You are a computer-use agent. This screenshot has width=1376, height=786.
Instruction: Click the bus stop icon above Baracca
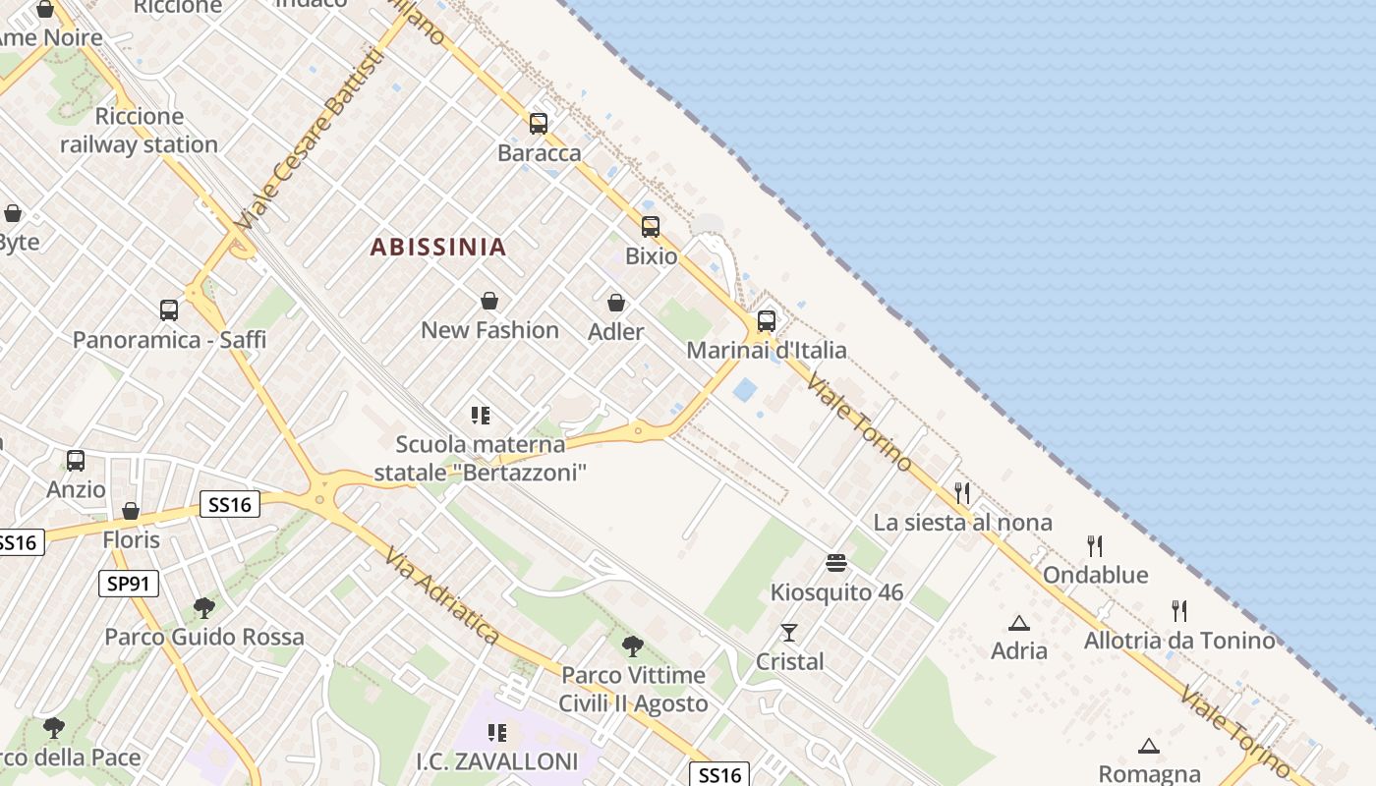pyautogui.click(x=538, y=124)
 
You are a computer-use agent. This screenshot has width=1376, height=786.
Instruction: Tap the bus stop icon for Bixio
pyautogui.click(x=650, y=227)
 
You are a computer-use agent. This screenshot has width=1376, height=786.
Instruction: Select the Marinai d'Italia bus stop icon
pyautogui.click(x=766, y=321)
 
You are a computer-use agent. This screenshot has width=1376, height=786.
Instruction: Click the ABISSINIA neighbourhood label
pyautogui.click(x=438, y=247)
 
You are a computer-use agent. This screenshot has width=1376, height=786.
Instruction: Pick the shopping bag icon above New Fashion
pyautogui.click(x=488, y=301)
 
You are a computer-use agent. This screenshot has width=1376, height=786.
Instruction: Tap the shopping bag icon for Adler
pyautogui.click(x=616, y=303)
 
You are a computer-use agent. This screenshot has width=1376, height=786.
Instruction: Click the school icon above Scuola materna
pyautogui.click(x=480, y=416)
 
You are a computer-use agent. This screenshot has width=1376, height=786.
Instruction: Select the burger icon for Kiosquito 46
pyautogui.click(x=836, y=563)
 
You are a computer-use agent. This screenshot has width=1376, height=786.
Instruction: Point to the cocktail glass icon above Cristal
pyautogui.click(x=788, y=632)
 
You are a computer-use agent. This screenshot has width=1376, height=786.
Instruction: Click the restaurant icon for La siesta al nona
pyautogui.click(x=962, y=492)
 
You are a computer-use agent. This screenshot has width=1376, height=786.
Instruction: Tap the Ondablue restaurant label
pyautogui.click(x=1095, y=575)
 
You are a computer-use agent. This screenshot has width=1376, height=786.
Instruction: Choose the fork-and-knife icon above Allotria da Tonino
pyautogui.click(x=1179, y=611)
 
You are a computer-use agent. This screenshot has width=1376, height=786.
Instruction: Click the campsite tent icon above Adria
pyautogui.click(x=1019, y=623)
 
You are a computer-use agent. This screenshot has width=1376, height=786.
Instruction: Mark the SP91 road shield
pyautogui.click(x=129, y=584)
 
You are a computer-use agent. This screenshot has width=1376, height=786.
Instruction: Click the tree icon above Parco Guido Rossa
pyautogui.click(x=204, y=607)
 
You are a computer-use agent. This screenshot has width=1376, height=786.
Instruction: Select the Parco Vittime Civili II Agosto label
pyautogui.click(x=633, y=690)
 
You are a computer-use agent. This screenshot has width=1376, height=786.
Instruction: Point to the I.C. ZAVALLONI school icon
pyautogui.click(x=497, y=732)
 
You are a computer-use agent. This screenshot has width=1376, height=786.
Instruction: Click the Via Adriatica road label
pyautogui.click(x=441, y=596)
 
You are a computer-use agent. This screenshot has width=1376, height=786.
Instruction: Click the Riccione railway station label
pyautogui.click(x=139, y=131)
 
